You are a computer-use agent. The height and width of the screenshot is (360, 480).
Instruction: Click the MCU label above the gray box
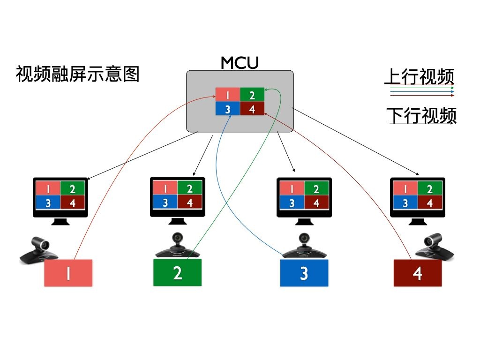240,62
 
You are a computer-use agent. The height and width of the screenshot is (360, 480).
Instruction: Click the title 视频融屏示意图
78,74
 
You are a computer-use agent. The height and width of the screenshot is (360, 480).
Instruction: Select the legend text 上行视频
420,76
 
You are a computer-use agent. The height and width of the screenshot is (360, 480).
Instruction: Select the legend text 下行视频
421,115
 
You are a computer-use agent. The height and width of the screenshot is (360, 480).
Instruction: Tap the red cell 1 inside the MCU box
227,95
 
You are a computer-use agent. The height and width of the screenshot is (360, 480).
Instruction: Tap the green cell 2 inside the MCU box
252,95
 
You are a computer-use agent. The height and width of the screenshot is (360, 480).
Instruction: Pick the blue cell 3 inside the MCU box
227,109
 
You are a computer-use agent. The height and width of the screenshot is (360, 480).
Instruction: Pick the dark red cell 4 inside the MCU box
252,109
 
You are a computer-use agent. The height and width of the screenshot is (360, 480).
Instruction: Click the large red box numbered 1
68,273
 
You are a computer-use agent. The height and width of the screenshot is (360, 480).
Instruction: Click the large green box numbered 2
177,272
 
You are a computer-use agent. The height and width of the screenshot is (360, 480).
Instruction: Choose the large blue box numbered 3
304,273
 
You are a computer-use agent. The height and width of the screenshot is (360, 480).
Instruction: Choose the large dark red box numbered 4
418,273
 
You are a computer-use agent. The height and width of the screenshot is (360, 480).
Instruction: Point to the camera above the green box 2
178,246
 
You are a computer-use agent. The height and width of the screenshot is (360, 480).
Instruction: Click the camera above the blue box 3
305,246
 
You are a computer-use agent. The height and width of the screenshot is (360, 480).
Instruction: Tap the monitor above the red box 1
60,197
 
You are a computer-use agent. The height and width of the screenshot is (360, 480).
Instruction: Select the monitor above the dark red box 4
418,197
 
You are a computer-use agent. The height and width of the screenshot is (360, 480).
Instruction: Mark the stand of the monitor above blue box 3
304,221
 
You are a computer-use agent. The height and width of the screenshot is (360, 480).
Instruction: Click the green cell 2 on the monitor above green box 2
189,189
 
